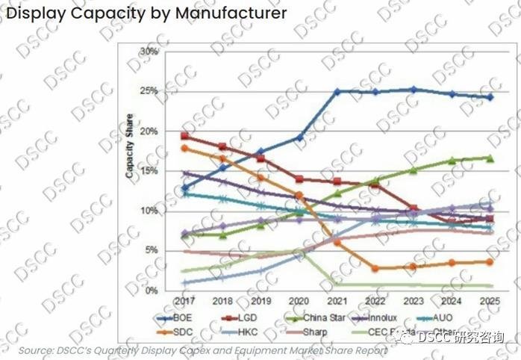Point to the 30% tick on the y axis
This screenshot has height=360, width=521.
tap(148, 52)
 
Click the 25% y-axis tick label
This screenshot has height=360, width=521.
tap(148, 91)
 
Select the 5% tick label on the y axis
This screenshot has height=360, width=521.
tap(150, 250)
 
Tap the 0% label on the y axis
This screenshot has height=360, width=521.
tap(150, 291)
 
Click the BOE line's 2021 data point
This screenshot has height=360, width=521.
tap(337, 92)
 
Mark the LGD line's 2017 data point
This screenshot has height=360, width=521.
tap(184, 136)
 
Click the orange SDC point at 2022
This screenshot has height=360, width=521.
tap(375, 268)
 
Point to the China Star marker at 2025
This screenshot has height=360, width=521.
tap(489, 158)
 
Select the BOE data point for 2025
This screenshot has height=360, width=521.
tap(489, 97)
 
